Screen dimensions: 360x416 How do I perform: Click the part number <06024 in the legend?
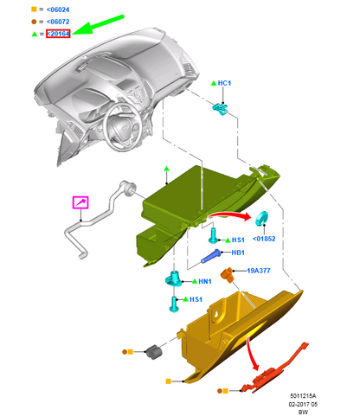58,10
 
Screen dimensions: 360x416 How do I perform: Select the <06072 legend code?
58,22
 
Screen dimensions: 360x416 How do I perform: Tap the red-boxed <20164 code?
58,34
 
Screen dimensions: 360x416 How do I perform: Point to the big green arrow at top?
98,25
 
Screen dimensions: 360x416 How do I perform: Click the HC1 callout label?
224,83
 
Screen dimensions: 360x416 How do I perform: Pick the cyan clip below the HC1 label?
221,109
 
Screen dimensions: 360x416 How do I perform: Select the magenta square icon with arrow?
80,202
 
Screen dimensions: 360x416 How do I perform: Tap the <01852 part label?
264,239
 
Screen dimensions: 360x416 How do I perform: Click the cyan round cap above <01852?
261,218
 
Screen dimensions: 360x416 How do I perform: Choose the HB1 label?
238,253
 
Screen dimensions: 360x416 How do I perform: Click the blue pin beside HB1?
211,256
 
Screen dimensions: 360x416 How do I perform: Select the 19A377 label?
259,271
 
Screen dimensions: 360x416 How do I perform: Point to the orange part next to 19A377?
228,275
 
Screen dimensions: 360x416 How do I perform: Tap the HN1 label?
205,281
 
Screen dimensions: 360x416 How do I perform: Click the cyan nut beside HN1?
174,279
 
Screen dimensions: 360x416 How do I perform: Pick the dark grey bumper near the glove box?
154,352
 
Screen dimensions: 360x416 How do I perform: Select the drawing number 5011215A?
303,396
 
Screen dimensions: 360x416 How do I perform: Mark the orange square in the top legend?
34,10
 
